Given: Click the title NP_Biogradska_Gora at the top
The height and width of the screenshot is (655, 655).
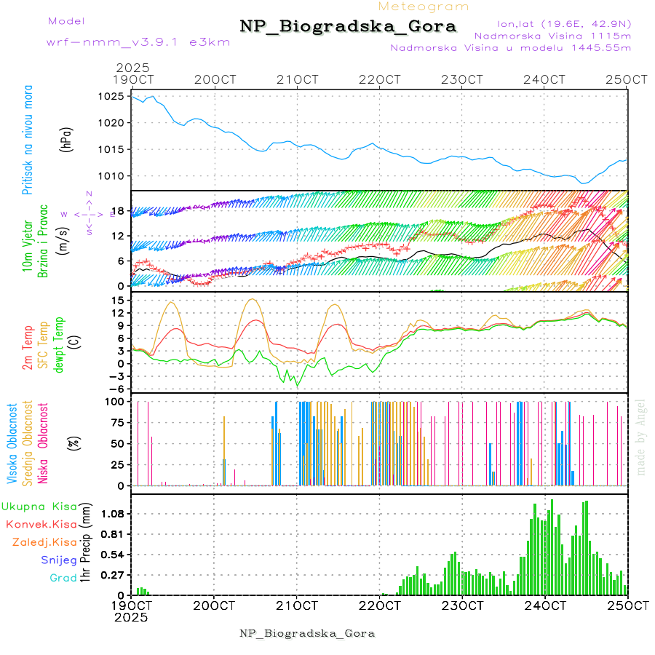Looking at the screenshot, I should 348,27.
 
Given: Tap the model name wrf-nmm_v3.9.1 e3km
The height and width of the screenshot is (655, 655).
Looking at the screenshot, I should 138,42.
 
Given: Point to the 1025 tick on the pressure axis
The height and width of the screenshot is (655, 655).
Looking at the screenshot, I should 111,96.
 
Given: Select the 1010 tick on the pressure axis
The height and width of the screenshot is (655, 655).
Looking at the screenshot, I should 111,176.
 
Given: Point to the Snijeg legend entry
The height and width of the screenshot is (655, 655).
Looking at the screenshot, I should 59,560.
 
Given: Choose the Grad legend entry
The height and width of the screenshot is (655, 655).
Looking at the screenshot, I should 63,578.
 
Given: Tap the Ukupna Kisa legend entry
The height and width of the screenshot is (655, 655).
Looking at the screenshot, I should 39,506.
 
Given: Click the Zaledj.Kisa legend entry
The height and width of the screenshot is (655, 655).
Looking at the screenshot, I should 44,542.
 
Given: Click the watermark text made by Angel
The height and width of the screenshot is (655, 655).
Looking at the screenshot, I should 640,437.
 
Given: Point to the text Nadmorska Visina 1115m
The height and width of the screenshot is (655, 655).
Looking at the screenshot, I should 552,35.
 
